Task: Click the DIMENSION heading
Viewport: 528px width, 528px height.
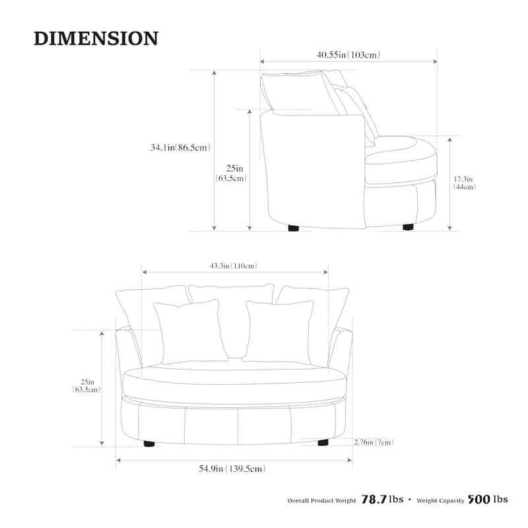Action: pos(96,38)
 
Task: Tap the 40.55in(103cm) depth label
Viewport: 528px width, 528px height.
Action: pos(348,55)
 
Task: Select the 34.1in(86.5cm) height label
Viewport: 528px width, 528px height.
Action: pos(180,148)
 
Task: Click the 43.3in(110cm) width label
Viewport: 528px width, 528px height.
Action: pos(233,266)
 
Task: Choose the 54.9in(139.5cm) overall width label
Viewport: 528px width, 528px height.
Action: pos(232,469)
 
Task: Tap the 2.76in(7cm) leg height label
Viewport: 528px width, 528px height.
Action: pos(374,442)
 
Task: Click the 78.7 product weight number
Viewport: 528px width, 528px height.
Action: pos(374,500)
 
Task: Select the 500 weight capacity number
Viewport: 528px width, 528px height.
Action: pos(478,500)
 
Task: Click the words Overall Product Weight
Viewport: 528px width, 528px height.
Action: pos(321,501)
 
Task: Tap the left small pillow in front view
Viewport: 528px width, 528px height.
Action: pos(187,331)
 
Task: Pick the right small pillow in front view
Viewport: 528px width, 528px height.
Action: pos(279,331)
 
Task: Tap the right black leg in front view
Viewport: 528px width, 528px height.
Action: pos(323,442)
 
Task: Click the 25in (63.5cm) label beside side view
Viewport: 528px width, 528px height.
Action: pos(230,174)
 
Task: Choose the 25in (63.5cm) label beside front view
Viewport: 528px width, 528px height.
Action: pos(86,385)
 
